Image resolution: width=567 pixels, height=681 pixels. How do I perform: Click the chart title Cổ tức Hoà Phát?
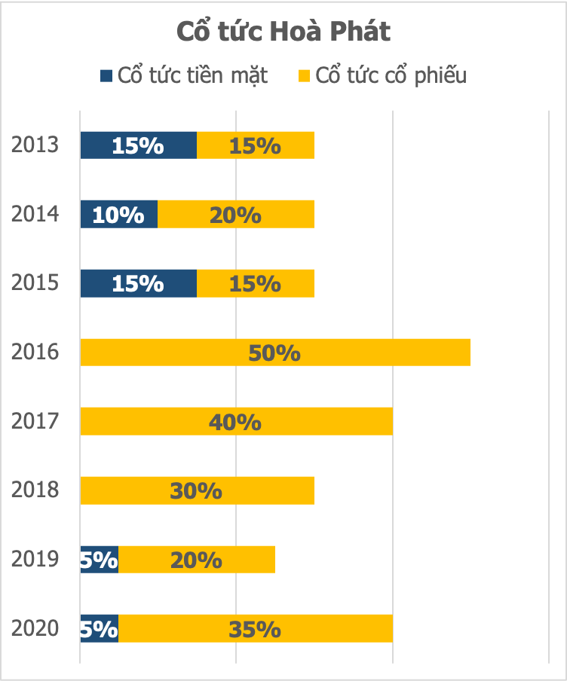[283, 32]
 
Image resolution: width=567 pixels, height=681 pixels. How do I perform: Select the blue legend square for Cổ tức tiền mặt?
[106, 75]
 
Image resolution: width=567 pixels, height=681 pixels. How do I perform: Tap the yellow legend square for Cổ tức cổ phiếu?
[305, 75]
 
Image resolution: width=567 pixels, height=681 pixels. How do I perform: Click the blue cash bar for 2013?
[139, 145]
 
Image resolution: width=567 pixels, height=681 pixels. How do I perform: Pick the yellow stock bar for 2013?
[256, 145]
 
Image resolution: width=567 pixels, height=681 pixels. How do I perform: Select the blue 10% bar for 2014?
[119, 215]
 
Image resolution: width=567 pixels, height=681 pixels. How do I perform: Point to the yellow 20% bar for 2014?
[236, 215]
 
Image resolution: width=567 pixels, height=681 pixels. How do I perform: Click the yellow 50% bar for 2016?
[275, 353]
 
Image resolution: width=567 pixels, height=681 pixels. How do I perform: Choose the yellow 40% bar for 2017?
[236, 422]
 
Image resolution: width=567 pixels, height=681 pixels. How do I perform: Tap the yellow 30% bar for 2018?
[197, 490]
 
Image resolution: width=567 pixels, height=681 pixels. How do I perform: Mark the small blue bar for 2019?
[100, 560]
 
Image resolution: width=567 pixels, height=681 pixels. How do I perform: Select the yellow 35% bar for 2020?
[256, 629]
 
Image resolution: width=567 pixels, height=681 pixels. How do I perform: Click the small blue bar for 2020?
[100, 629]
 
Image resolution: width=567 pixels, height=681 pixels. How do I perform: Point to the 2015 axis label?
[35, 283]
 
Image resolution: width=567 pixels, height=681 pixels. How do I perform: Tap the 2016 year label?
[35, 353]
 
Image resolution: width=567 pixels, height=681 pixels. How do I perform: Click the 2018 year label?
[35, 490]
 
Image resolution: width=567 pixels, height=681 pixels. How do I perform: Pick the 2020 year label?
[35, 628]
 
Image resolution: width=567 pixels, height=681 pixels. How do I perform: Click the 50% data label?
[275, 353]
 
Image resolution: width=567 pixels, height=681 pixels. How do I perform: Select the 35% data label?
[256, 629]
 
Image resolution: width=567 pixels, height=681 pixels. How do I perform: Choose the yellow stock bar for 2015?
[256, 283]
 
